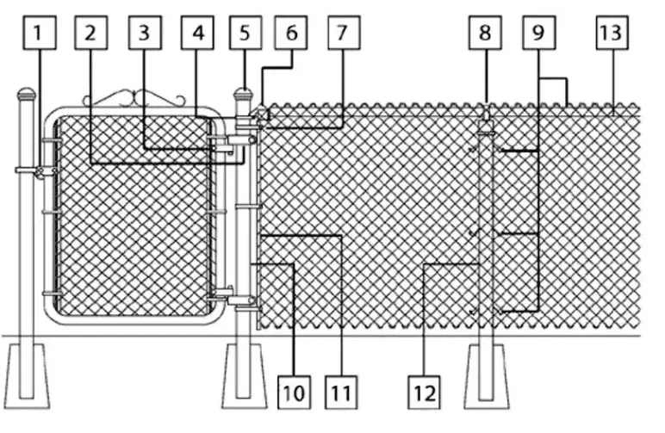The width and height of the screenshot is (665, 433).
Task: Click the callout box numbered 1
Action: [40, 33]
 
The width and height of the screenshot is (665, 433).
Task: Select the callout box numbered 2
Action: [90, 33]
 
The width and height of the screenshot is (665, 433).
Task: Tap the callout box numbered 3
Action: [145, 33]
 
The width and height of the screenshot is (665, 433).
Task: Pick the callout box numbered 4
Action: [197, 33]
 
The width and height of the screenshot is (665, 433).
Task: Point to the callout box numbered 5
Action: [245, 33]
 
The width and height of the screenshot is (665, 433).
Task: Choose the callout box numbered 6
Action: [291, 33]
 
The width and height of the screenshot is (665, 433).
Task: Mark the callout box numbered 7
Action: [344, 33]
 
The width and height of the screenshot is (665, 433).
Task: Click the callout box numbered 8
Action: [485, 33]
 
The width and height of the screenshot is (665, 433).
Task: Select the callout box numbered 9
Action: [539, 33]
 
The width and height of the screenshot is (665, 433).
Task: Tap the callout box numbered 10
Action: [294, 393]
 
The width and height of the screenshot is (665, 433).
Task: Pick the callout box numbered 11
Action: [341, 393]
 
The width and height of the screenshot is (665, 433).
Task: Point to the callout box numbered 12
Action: [424, 393]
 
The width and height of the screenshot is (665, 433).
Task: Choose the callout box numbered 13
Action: [612, 33]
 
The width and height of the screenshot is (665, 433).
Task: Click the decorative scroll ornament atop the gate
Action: [134, 98]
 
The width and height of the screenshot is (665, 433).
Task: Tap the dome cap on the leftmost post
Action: [27, 94]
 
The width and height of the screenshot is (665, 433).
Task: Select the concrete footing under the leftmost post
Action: [27, 376]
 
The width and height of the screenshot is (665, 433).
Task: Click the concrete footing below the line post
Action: [487, 376]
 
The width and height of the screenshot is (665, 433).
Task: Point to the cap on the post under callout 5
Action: [244, 95]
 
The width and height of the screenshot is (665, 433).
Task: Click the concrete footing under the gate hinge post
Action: [245, 376]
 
